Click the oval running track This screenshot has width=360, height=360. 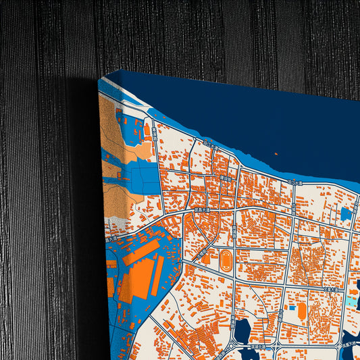225,257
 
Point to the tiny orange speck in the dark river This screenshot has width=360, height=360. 276,153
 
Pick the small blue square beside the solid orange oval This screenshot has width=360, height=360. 292,308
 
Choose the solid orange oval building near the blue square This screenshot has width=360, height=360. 301,310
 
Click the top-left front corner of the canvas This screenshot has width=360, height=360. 99,80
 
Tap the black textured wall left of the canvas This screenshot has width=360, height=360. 41,203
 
